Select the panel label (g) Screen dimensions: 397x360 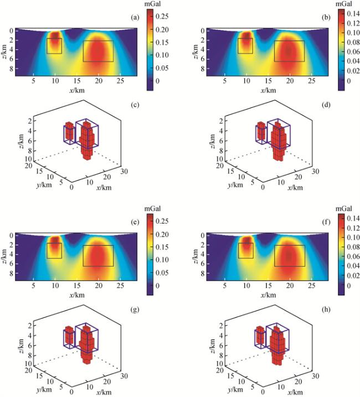coord(134,312)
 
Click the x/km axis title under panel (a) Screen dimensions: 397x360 coord(76,90)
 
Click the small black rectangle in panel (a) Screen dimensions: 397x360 coord(54,45)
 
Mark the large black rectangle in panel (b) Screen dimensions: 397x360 coord(289,51)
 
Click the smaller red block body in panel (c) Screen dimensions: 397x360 coord(69,132)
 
